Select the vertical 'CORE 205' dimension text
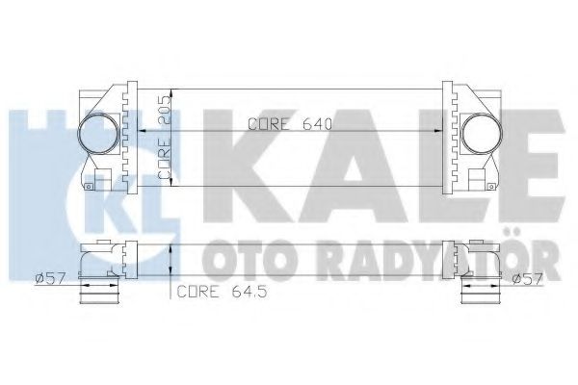click(x=165, y=137)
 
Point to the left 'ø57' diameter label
click(x=48, y=279)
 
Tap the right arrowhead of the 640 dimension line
click(x=439, y=131)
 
